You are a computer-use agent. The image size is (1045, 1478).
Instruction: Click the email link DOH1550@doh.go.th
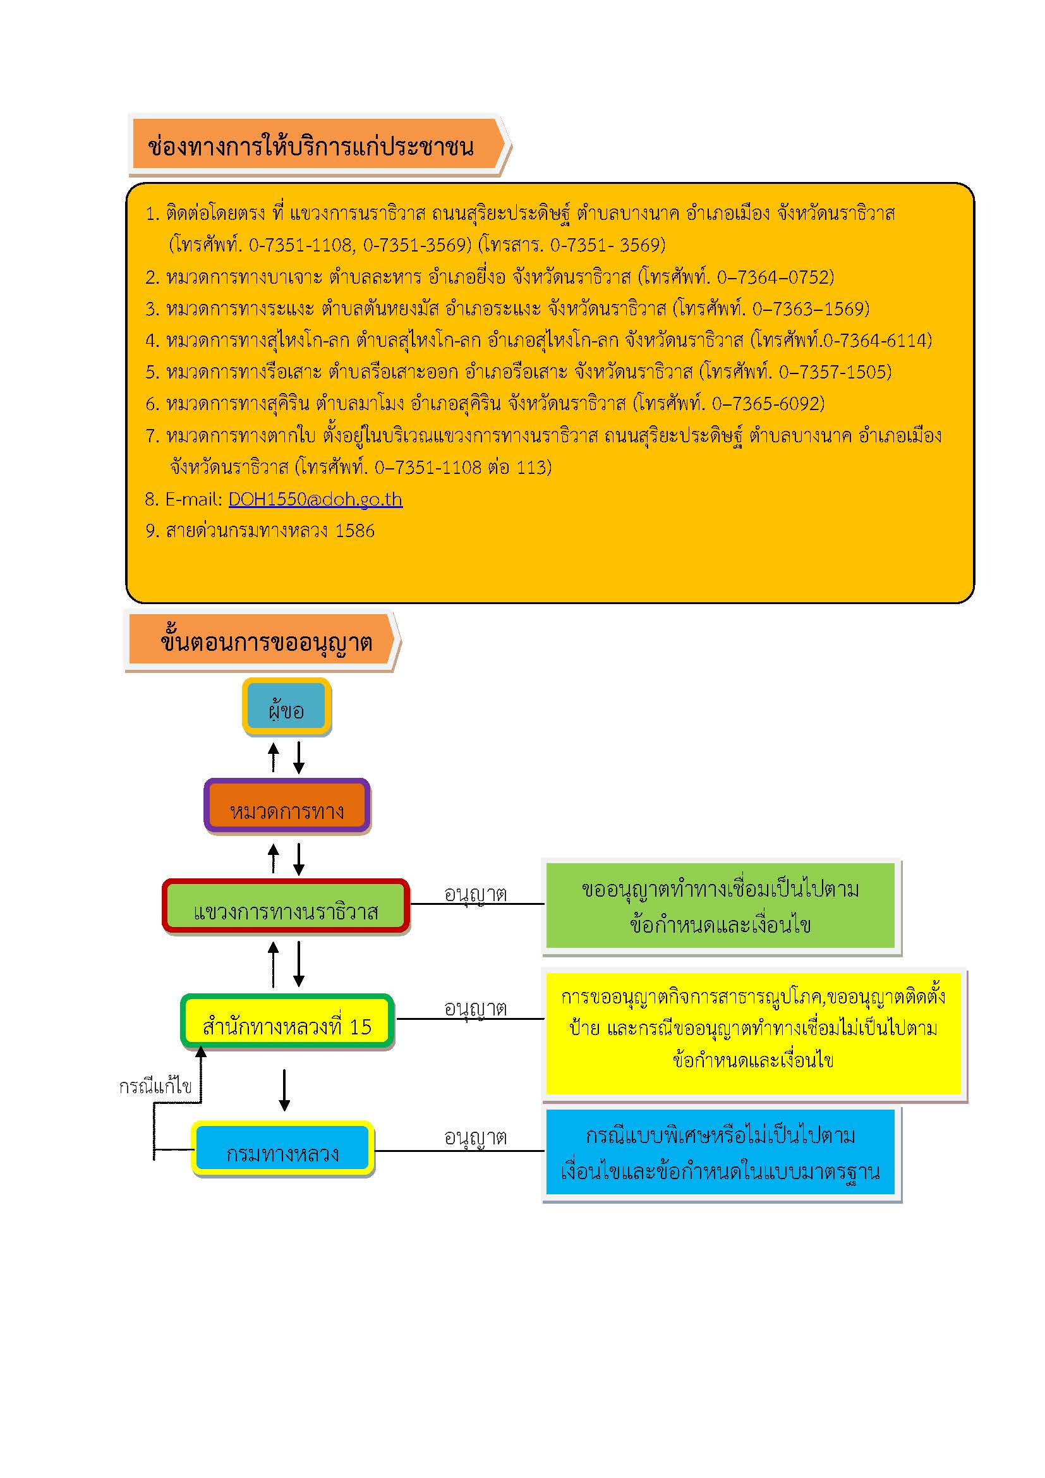coord(315,500)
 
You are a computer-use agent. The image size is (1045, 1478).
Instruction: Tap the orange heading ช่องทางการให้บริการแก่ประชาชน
coord(311,147)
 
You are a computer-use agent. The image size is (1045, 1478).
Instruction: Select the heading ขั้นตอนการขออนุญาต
coord(267,641)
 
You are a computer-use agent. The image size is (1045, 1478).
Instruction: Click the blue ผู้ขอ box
coord(286,707)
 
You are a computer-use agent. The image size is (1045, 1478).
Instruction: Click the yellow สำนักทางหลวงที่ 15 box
coord(287,1022)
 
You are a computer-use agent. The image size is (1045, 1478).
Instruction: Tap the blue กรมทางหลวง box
coord(282,1149)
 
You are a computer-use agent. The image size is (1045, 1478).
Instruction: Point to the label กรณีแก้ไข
coord(155,1087)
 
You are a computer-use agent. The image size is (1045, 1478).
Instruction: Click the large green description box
coord(720,906)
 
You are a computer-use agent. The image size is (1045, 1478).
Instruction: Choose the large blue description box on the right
coord(720,1153)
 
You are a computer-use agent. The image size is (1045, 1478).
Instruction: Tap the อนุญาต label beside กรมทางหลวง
coord(476,1138)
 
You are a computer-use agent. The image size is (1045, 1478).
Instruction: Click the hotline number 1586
coord(354,531)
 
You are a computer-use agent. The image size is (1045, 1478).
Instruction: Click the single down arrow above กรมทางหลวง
coord(284,1090)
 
